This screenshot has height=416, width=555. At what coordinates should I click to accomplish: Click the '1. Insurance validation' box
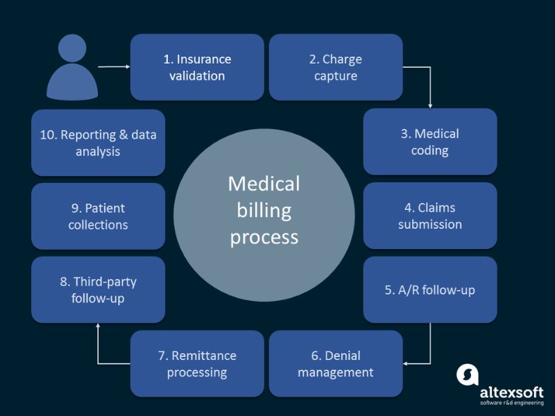tap(197, 67)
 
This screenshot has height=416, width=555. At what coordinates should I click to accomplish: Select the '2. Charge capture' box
tap(336, 67)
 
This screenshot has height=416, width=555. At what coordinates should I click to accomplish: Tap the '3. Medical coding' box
tap(430, 141)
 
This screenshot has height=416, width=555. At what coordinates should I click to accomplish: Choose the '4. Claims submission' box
tap(430, 216)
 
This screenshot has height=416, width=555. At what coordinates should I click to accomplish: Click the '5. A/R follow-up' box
tap(430, 290)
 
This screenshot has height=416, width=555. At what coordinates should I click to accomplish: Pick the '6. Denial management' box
tap(336, 364)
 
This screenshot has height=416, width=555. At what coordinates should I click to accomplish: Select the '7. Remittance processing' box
tap(197, 364)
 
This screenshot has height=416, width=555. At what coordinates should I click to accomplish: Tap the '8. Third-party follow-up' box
tap(98, 290)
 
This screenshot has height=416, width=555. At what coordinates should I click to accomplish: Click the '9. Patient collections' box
tap(98, 216)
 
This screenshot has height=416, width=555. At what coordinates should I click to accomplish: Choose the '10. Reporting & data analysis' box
tap(98, 142)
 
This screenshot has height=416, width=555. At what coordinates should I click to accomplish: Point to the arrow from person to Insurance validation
tap(114, 67)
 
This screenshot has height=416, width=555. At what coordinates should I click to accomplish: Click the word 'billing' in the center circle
tap(264, 210)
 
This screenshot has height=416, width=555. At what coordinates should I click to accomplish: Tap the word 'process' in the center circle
tap(264, 237)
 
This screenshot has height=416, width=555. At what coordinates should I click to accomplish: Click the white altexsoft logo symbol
tap(468, 374)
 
